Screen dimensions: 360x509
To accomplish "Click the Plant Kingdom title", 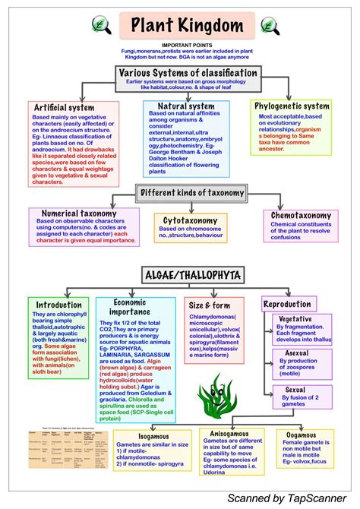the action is (180, 25).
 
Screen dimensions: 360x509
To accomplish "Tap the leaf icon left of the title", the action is (99, 26).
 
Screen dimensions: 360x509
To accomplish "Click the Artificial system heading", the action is (65, 108).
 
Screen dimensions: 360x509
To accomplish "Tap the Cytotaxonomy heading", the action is (190, 220).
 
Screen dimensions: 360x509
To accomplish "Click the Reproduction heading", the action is (286, 304).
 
